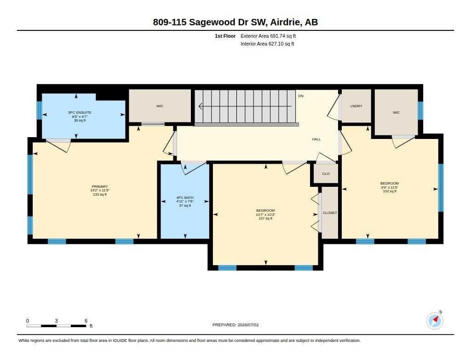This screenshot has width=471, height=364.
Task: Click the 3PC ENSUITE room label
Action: click(x=80, y=112)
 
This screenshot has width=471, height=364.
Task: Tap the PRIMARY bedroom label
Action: click(x=100, y=187)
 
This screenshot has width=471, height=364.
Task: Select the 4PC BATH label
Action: click(x=185, y=197)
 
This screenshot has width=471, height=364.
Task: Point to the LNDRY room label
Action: click(x=356, y=106)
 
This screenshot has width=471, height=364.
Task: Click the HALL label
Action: click(x=316, y=139)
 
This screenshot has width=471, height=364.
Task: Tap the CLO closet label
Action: click(x=326, y=174)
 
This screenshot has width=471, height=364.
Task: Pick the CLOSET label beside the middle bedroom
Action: click(x=330, y=213)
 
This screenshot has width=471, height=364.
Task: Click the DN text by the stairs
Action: click(x=301, y=96)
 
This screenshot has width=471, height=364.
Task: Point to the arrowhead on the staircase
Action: click(x=201, y=106)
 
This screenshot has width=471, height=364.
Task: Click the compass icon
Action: click(x=435, y=321)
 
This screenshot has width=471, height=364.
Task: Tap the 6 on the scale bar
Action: click(x=86, y=321)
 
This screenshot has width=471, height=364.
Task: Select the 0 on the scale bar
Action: click(x=28, y=321)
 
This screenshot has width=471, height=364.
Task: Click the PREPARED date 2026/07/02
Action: click(x=248, y=325)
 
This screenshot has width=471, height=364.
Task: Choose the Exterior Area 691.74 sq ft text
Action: click(x=268, y=36)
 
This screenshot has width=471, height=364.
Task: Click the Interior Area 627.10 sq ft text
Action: click(x=267, y=44)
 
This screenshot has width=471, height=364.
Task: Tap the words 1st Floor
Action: click(x=225, y=36)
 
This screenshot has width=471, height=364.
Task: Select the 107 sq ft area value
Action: click(x=265, y=219)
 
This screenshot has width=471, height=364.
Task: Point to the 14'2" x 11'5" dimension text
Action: click(x=100, y=190)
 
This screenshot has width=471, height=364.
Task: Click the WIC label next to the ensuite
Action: click(x=160, y=106)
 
